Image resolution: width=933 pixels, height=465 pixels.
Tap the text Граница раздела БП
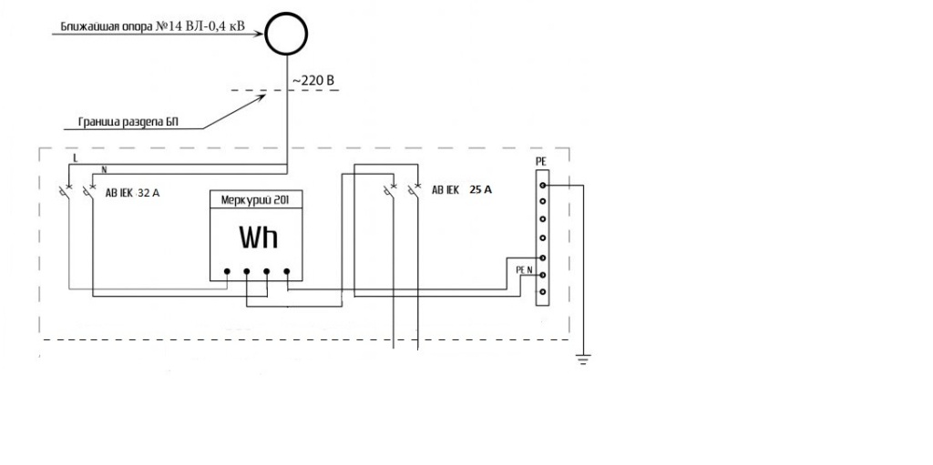pyautogui.click(x=128, y=123)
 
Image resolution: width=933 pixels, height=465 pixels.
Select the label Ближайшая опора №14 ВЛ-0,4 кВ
pyautogui.click(x=153, y=26)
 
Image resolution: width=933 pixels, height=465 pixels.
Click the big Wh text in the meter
pyautogui.click(x=258, y=238)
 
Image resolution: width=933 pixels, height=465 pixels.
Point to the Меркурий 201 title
pyautogui.click(x=256, y=200)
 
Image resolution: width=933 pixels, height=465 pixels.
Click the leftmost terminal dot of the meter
pyautogui.click(x=227, y=271)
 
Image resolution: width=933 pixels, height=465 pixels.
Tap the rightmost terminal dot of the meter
pyautogui.click(x=287, y=271)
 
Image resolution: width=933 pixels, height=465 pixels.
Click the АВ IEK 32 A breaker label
pyautogui.click(x=132, y=193)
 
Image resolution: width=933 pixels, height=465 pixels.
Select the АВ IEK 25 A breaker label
pyautogui.click(x=462, y=191)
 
